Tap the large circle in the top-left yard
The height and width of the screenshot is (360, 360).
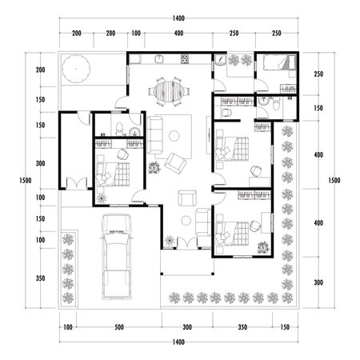(78, 67)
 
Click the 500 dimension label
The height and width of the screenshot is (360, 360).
(118, 328)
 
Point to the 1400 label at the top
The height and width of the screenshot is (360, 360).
(178, 18)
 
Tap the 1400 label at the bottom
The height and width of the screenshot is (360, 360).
(178, 342)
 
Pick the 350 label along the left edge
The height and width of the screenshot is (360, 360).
(41, 278)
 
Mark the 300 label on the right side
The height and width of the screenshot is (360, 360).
(318, 283)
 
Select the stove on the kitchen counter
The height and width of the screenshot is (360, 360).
(185, 58)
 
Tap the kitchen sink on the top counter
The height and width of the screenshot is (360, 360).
(160, 58)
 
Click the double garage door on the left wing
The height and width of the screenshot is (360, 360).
(77, 182)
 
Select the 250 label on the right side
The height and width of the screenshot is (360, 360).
(318, 74)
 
